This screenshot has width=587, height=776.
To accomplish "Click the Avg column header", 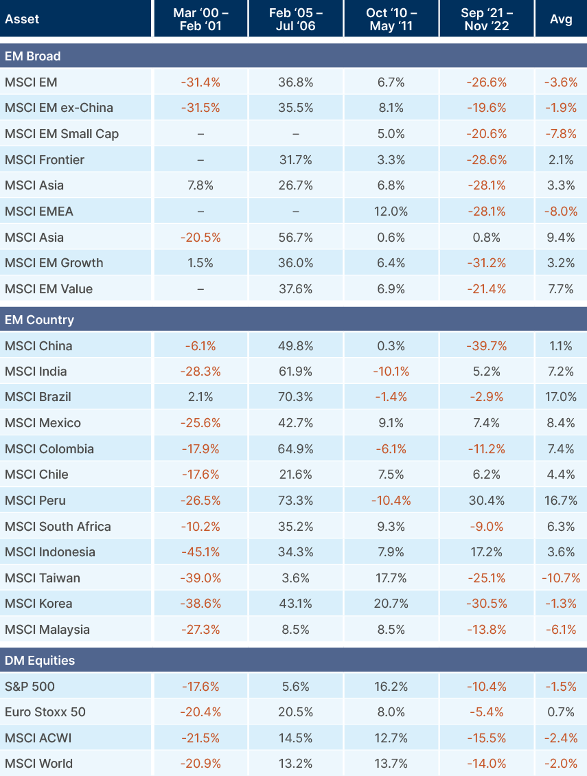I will tap(561, 19).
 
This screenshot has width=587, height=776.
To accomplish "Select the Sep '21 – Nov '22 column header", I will tap(486, 19).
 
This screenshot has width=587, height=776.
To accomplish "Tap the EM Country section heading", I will tap(39, 320).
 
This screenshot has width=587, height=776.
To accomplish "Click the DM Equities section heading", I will tap(40, 661).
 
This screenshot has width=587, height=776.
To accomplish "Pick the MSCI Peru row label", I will tap(35, 501).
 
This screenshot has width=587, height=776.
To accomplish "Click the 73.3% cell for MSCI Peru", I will tap(296, 501).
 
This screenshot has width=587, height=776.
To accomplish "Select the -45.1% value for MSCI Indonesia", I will tap(200, 552).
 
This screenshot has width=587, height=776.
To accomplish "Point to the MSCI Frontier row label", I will tap(45, 160).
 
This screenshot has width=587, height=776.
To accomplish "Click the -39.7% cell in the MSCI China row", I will tap(486, 346).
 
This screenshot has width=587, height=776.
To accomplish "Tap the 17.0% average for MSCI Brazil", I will tap(561, 397).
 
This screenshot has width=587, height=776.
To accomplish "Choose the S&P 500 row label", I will tap(30, 687).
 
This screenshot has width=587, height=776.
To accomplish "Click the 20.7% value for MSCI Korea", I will tap(391, 604).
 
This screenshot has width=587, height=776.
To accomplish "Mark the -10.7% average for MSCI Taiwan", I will tap(561, 578).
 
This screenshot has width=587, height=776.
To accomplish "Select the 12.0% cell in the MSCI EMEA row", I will tap(391, 212).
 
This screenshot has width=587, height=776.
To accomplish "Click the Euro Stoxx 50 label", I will tap(45, 712).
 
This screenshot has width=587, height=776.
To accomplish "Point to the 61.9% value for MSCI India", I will tap(296, 372).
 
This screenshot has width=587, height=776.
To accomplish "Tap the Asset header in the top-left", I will tap(22, 19).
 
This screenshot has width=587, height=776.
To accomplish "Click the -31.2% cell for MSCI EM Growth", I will tap(486, 263).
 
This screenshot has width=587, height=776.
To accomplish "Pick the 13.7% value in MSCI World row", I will tap(391, 764).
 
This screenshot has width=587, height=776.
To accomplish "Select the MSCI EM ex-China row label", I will tap(59, 108).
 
